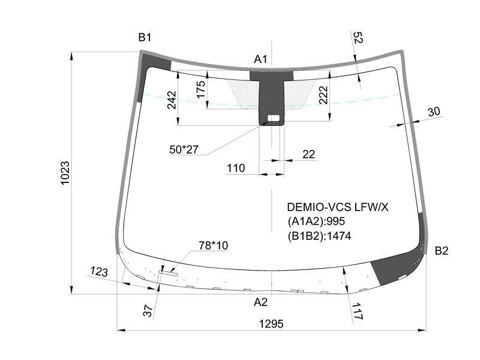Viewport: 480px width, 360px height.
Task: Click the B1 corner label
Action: coord(145,37)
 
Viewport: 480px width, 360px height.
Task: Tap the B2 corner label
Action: coord(442,251)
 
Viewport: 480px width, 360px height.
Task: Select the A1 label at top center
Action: coord(260,59)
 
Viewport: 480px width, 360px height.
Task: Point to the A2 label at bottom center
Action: coord(260,302)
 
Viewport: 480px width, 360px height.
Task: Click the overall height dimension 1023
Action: coord(65,173)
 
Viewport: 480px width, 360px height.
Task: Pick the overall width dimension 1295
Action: coord(271,323)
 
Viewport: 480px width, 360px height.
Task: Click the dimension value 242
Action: coord(172,100)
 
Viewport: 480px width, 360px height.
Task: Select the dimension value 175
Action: coord(201,89)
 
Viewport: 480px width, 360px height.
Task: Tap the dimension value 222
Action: coord(323,95)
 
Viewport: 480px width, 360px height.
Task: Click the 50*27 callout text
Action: coord(184,149)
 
